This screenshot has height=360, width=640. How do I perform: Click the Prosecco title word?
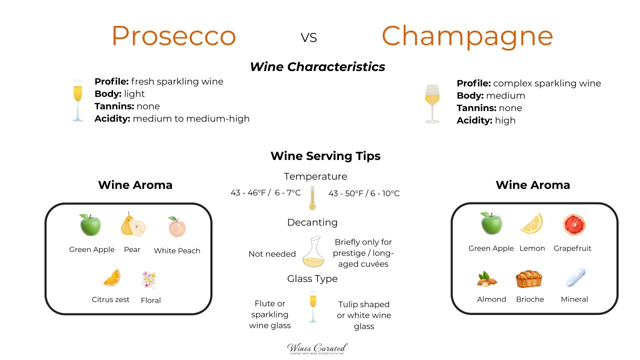pos(173,36)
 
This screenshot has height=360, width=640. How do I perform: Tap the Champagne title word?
pos(467,36)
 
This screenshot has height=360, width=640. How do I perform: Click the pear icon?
pos(133,225)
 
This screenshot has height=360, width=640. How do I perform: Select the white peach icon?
pos(176,227)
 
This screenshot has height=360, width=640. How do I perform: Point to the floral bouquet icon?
pos(149,280)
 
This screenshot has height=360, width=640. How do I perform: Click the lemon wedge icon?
pos(531,224)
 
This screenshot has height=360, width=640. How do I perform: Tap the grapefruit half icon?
pos(573,224)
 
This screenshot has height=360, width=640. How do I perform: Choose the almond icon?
pos(487,279)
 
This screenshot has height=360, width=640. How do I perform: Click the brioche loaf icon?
pos(529,279)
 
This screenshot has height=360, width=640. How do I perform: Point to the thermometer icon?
pos(313,198)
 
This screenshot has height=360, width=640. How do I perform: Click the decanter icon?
pos(313,252)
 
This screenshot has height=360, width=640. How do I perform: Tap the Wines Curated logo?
pos(317,348)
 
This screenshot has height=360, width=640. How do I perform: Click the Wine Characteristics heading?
pos(317,67)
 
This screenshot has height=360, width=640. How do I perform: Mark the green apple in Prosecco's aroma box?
pos(90,225)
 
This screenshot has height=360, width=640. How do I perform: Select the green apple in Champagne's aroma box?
pos(491,223)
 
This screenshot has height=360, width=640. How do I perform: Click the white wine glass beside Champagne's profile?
pos(432,103)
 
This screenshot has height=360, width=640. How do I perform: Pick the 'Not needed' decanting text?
pos(272,254)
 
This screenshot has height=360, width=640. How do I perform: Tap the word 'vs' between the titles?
pos(309,37)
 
